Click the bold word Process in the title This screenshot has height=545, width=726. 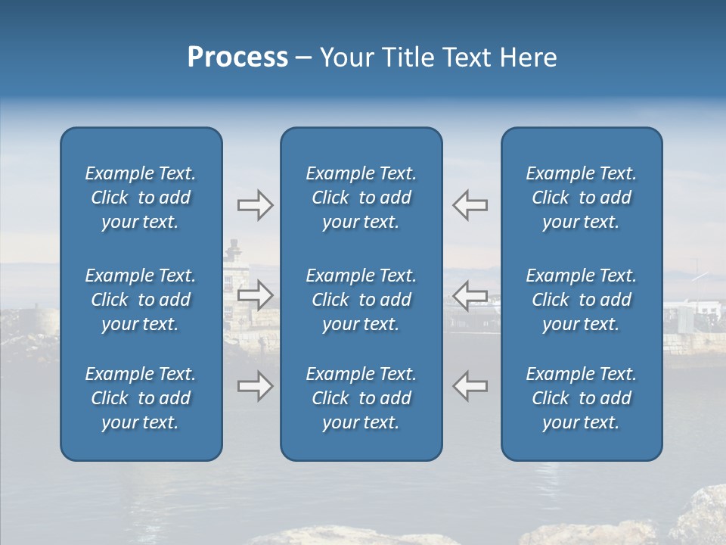[237, 58]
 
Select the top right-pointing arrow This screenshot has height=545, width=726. [255, 205]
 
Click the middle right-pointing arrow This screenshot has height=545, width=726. [255, 294]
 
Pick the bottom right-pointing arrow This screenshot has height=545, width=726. [255, 386]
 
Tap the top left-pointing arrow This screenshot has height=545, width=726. [470, 205]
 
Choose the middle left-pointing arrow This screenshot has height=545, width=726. [470, 294]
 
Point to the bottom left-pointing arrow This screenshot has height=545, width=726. [470, 386]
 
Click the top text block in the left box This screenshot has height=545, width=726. [141, 198]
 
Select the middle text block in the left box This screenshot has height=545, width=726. [141, 300]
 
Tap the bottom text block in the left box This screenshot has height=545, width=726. [141, 398]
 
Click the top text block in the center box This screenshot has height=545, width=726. [361, 198]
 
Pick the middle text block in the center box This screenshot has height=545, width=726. [361, 300]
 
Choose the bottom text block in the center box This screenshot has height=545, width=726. [361, 398]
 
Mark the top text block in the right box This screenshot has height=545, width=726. [582, 198]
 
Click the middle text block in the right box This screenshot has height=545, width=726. [582, 300]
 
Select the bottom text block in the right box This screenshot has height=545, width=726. [582, 398]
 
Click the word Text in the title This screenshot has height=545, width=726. [465, 58]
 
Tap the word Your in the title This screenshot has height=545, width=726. [347, 58]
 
